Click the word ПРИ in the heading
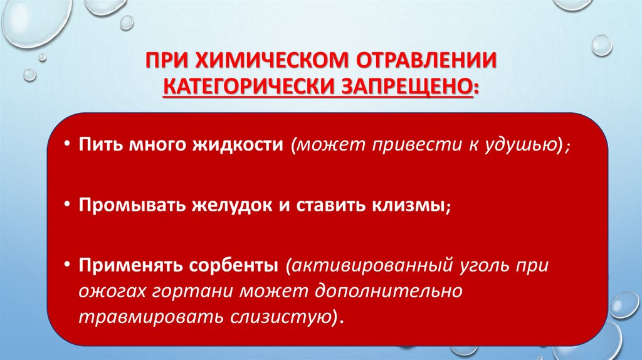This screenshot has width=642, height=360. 167,61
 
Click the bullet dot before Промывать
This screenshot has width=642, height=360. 67,206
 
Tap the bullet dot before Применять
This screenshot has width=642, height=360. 67,265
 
